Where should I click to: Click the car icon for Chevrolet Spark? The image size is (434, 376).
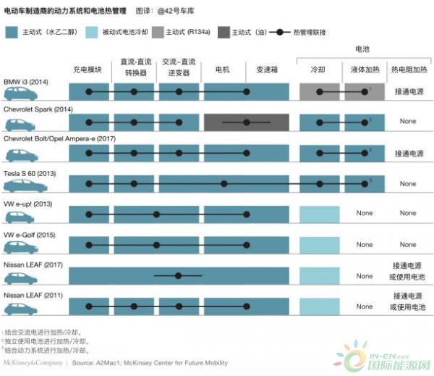coord(21,123)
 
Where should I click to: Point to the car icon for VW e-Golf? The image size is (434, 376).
coord(21,246)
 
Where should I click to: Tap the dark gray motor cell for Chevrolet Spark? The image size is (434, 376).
coord(247,122)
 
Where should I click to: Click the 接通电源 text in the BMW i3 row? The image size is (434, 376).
coord(408,92)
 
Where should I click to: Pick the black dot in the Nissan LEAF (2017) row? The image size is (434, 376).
coord(178,275)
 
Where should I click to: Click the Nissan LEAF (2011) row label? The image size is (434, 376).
coord(33,296)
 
